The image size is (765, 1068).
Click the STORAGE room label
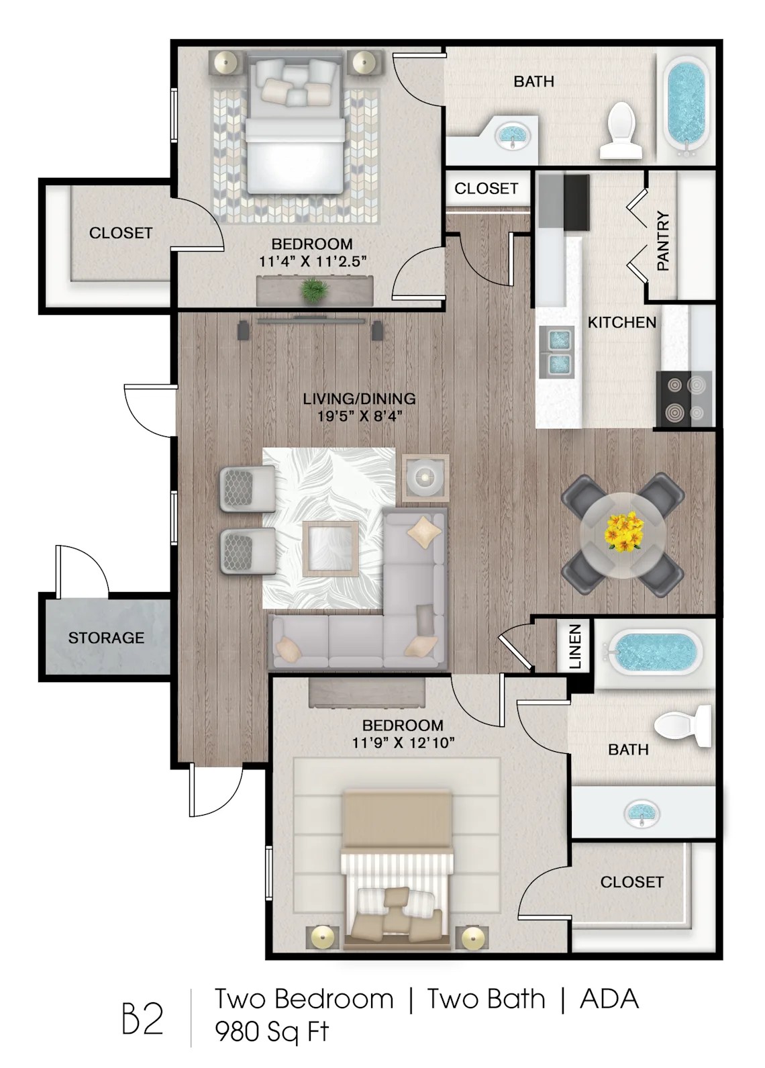(106, 637)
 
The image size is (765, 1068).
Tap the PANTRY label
(663, 241)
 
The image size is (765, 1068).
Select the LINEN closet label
(575, 647)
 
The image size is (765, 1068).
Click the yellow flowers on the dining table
(623, 531)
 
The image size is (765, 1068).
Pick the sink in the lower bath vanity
(642, 814)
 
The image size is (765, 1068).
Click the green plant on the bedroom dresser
(314, 291)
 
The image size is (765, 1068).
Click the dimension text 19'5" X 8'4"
(359, 416)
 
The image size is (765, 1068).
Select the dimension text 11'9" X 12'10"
(403, 742)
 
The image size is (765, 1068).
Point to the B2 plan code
(143, 1019)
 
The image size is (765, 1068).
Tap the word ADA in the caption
(609, 999)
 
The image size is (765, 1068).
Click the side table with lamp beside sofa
(425, 477)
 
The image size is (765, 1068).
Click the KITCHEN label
(621, 322)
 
